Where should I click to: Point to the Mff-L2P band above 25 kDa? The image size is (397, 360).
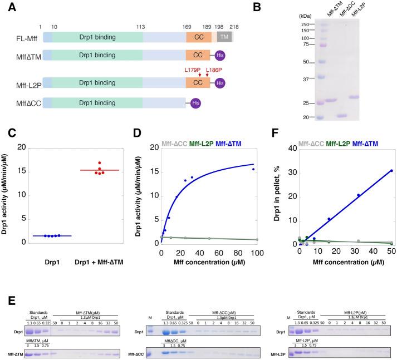point(361,97)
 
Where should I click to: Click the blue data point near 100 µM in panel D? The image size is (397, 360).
point(253,169)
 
